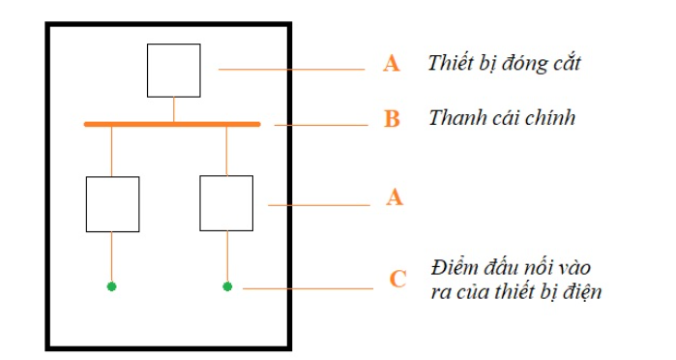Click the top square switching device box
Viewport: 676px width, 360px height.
[x=174, y=70]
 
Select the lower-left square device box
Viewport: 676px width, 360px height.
[x=112, y=203]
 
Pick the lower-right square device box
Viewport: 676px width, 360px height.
[x=226, y=203]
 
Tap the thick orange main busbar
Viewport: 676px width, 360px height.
[x=172, y=124]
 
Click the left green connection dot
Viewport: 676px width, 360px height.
[x=111, y=286]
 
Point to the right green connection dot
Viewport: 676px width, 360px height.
[x=227, y=286]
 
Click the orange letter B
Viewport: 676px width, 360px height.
[x=392, y=120]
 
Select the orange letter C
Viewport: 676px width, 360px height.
[x=397, y=280]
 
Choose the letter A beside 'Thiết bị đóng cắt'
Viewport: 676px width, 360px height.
[x=392, y=64]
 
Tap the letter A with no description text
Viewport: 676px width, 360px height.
[x=394, y=196]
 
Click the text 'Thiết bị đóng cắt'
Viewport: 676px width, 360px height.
[x=504, y=64]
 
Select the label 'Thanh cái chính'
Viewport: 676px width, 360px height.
[x=502, y=118]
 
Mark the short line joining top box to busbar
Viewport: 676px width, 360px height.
[x=174, y=109]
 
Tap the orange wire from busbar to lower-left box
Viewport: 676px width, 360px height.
[x=111, y=151]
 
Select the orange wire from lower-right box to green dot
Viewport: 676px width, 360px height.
[x=227, y=255]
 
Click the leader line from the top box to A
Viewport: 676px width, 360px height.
[x=290, y=69]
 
